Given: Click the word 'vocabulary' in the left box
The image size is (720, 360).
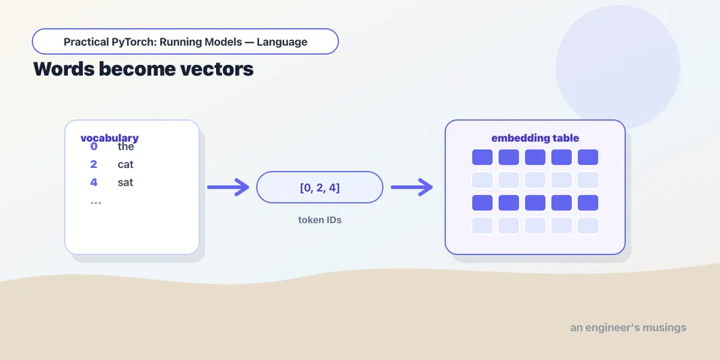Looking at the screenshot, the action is tap(109, 138).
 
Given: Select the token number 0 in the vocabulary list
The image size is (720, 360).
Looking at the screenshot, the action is tap(94, 147).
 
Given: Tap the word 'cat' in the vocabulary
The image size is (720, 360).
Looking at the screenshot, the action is tap(126, 164).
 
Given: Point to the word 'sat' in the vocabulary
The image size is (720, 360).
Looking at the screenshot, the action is tap(126, 182).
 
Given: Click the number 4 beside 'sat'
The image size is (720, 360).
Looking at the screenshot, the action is tap(94, 182).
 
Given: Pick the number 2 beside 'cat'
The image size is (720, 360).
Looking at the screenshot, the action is tap(94, 164).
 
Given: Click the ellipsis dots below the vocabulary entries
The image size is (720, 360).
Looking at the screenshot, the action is tap(95, 203).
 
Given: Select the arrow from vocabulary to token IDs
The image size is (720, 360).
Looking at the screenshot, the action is tap(228, 187).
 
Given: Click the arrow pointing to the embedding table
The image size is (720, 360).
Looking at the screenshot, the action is tap(412, 187).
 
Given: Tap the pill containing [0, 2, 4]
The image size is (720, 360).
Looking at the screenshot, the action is tap(320, 187).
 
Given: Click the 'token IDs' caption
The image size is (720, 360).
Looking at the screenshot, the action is tap(320, 220).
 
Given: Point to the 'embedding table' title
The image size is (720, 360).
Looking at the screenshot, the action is tap(535, 138).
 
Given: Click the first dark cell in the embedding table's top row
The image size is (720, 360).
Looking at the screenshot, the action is tap(482, 157).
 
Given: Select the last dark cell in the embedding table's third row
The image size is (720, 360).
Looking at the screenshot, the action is tap(588, 203).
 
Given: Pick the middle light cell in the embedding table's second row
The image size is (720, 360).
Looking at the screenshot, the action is tap(535, 180).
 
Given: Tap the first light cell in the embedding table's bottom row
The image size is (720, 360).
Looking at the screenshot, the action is tap(482, 225).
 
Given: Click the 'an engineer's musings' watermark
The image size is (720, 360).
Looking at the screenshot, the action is tap(628, 328).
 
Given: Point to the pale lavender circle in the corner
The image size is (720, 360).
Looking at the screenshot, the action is tap(618, 67).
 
